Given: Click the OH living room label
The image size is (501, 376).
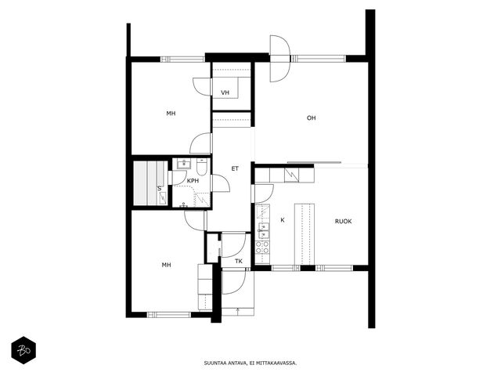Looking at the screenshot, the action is coord(312,118).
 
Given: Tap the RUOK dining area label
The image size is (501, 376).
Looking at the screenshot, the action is coord(343,221).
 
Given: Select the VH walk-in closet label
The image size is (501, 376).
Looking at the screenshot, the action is coord(225,92).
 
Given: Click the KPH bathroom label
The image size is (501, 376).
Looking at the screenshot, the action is coord(193,181).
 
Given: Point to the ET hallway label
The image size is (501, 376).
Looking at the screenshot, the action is coord(235,168).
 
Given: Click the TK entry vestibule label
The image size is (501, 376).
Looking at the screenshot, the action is coord(238,261).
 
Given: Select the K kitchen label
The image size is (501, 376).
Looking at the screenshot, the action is coord(283,220).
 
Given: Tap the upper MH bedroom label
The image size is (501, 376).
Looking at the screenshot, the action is coord(171,114).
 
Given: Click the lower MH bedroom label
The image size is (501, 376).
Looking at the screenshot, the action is coord(166,265).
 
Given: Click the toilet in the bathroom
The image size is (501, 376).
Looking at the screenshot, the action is coord(202,165).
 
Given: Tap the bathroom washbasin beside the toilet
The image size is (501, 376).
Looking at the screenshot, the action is coord(184,164).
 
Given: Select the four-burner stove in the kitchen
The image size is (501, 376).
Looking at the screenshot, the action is coord(262,248).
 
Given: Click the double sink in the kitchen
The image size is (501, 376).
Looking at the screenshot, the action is coord(264,231).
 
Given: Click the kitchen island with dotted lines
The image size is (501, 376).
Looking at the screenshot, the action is coord(305,234).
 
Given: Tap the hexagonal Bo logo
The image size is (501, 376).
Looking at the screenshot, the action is coord(23,350).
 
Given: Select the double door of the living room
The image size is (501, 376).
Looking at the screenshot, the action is coord(280,59).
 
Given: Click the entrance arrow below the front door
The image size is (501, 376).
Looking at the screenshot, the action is coord(237,310).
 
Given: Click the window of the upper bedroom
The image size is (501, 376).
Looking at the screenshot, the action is coord(182,60).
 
